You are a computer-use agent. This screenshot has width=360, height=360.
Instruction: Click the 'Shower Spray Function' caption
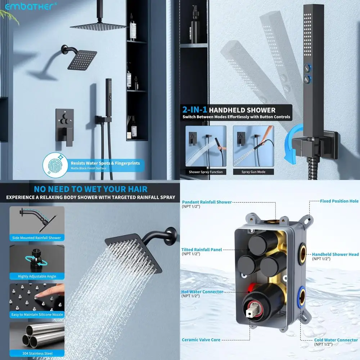[206, 172]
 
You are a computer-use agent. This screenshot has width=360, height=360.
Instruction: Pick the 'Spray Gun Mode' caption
[253, 172]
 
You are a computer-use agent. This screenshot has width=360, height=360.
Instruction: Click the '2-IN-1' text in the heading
[194, 110]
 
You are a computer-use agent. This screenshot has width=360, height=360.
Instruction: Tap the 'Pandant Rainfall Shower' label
[207, 202]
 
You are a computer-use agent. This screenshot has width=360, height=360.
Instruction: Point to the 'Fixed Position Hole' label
[339, 201]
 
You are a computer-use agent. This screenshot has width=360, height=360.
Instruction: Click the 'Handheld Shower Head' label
[335, 254]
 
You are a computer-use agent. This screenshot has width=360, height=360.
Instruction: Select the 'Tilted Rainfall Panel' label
[202, 249]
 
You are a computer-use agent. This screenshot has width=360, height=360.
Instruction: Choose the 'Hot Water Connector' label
[203, 292]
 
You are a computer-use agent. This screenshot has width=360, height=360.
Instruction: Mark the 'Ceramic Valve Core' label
[201, 339]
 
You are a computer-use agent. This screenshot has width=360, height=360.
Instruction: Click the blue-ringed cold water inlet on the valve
[302, 297]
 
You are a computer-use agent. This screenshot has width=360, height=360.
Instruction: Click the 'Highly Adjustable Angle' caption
[37, 276]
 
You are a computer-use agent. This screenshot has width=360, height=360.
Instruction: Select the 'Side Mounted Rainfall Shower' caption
[37, 238]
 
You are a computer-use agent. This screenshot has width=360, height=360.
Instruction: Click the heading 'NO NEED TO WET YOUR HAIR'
[90, 189]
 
